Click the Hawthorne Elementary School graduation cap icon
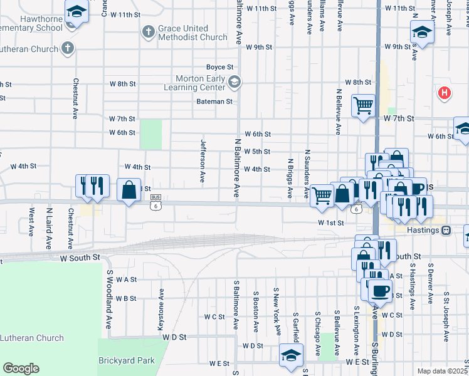pyautogui.click(x=76, y=11)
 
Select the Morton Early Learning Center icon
pyautogui.click(x=234, y=81)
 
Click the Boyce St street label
pyautogui.click(x=220, y=67)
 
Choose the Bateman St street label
pyautogui.click(x=214, y=101)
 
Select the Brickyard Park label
pyautogui.click(x=126, y=361)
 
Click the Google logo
pyautogui.click(x=21, y=368)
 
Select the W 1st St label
pyautogui.click(x=331, y=222)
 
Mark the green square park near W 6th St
pyautogui.click(x=151, y=134)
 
